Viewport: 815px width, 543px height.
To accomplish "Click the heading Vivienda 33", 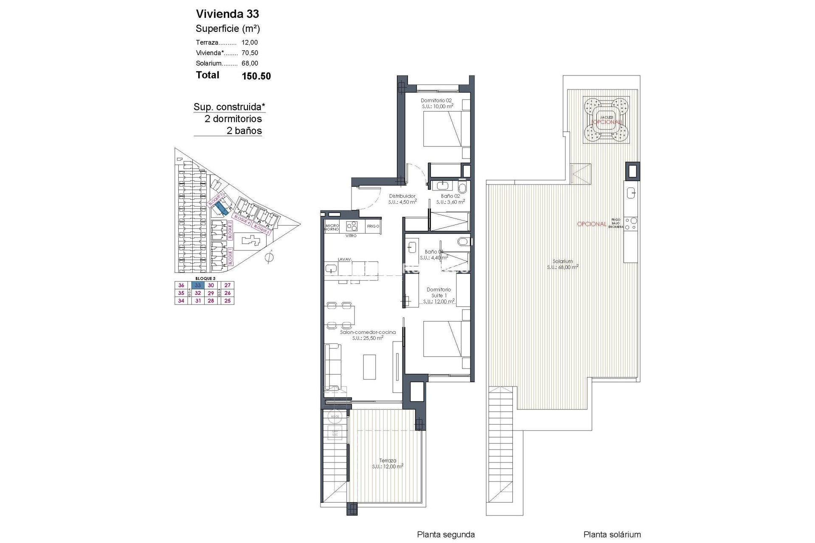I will [227, 14].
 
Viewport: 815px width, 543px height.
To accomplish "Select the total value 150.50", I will [256, 76].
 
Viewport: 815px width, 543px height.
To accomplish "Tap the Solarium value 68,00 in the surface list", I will [250, 63].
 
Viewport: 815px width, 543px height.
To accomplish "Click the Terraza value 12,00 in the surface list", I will [250, 42].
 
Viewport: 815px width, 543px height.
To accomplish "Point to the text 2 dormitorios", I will [233, 119].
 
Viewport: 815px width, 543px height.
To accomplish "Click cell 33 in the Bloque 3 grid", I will [198, 285].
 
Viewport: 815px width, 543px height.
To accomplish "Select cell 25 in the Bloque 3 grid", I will [228, 301].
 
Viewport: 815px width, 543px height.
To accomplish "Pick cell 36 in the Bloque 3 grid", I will [181, 285].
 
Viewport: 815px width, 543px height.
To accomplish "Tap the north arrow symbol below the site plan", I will [269, 257].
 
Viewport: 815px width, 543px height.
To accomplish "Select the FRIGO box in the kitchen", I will [373, 226].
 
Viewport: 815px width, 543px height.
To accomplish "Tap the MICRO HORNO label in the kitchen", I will [332, 227].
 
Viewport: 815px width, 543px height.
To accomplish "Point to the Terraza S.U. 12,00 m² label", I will [387, 463].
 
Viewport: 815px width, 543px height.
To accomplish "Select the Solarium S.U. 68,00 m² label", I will [562, 264].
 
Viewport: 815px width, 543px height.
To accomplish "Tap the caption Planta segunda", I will [446, 535].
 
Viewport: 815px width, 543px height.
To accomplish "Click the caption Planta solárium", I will [612, 535].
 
